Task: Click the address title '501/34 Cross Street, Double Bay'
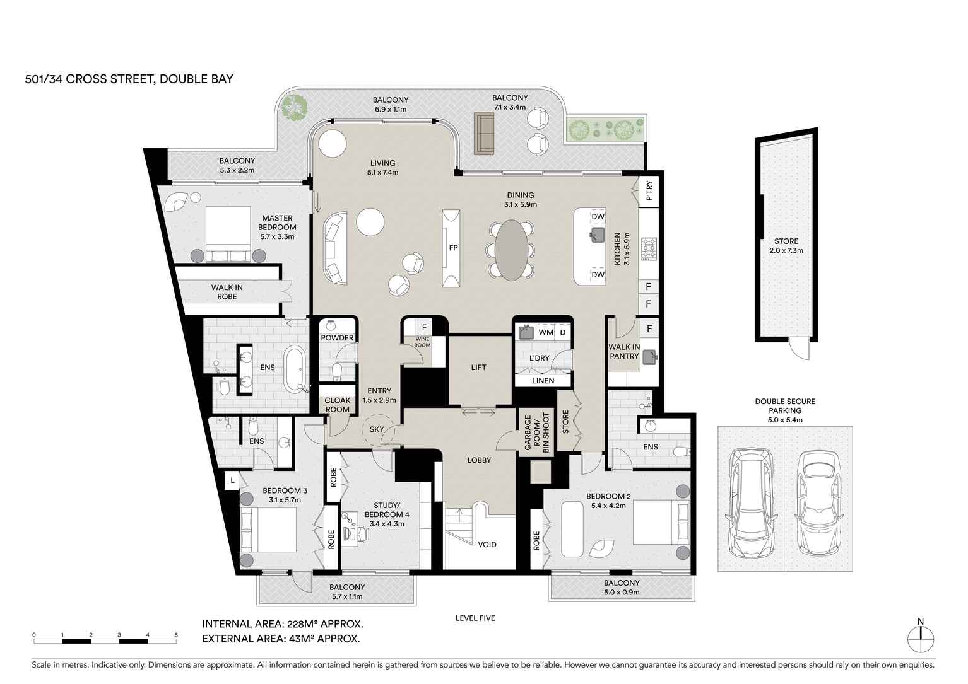(x=129, y=79)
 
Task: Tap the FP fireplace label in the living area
(x=452, y=248)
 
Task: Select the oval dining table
(x=511, y=249)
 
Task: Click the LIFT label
(x=478, y=367)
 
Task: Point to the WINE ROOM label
(x=422, y=342)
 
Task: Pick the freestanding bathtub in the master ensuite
(x=295, y=368)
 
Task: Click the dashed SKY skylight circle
(x=377, y=429)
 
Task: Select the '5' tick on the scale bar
(x=176, y=635)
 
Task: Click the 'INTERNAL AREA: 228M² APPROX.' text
(x=282, y=624)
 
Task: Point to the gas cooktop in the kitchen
(x=649, y=248)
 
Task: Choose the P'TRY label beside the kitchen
(x=649, y=191)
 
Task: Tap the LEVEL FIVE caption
(x=475, y=618)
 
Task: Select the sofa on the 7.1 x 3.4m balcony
(x=484, y=133)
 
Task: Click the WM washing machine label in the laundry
(x=546, y=332)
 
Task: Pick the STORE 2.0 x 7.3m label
(x=786, y=246)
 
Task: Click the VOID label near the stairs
(x=487, y=544)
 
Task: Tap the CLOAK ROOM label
(x=337, y=405)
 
